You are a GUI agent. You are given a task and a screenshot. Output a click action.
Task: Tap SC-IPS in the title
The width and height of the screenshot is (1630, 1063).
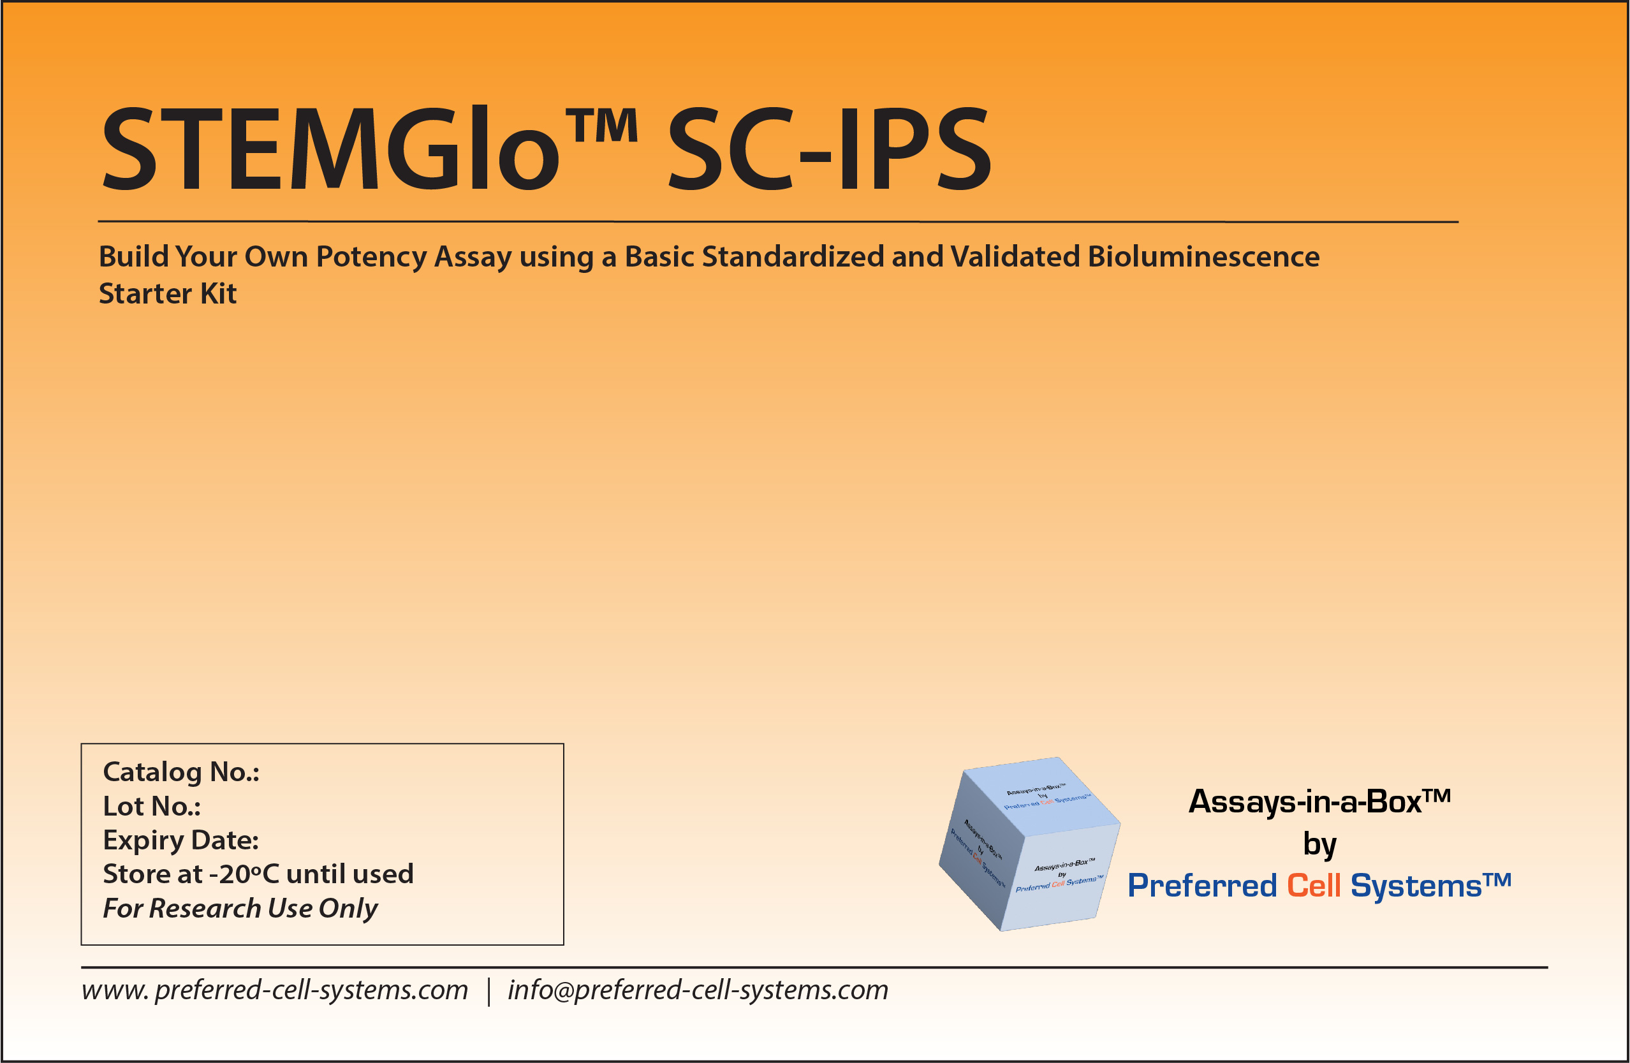click(828, 149)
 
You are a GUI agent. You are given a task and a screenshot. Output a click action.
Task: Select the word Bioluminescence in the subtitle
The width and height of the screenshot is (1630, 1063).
click(1203, 257)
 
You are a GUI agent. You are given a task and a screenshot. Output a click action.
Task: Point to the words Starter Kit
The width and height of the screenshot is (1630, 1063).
click(168, 294)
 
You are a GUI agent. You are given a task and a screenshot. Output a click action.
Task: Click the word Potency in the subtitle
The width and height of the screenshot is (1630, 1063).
click(371, 258)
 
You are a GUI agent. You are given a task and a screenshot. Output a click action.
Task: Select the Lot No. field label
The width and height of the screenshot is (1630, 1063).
click(151, 806)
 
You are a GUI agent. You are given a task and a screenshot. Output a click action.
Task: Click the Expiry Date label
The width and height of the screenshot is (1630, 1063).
click(180, 840)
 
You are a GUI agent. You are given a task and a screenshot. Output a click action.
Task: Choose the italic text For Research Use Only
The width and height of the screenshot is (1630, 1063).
click(240, 908)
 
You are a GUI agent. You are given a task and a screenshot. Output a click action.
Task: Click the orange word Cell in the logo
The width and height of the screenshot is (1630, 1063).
click(1313, 886)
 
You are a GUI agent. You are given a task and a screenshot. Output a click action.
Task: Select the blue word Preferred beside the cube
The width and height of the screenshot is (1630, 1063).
click(1202, 886)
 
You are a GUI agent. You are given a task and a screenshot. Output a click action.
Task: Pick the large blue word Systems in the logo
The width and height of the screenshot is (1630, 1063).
click(1416, 886)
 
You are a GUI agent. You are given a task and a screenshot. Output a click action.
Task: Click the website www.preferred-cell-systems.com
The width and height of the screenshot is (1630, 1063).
click(275, 990)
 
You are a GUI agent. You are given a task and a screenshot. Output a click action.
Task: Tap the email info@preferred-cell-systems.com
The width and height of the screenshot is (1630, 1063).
click(697, 990)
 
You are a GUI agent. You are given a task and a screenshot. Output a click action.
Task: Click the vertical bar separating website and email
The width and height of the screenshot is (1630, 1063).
click(488, 992)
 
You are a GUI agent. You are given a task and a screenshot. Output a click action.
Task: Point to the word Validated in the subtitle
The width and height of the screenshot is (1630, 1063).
click(1015, 257)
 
